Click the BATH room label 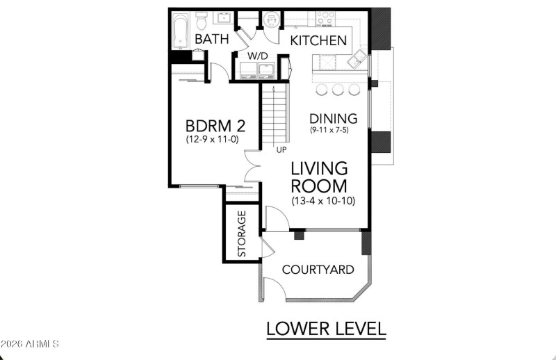[x=211, y=40]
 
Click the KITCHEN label [x=318, y=41]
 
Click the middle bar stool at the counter [x=338, y=90]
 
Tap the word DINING [x=333, y=119]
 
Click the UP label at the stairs [x=281, y=149]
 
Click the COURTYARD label [x=318, y=270]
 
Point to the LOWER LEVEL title [x=326, y=327]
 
